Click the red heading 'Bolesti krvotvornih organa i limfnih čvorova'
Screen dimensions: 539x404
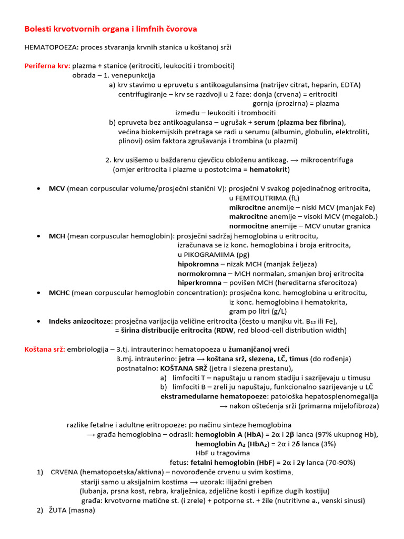111,28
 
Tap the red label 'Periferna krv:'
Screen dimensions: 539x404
47,66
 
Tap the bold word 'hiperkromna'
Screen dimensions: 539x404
199,283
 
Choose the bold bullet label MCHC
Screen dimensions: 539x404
59,292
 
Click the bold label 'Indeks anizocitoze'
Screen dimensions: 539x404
80,321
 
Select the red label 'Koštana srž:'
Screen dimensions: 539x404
45,349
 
